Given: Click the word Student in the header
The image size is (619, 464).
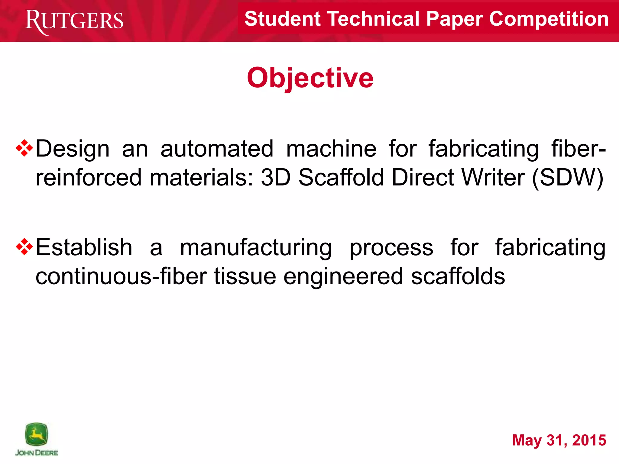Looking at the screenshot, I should tap(282, 19).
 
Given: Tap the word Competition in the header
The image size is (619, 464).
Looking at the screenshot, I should tap(549, 19).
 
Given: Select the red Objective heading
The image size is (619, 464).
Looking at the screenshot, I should tap(310, 78).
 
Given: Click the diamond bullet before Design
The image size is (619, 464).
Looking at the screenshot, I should tap(24, 148).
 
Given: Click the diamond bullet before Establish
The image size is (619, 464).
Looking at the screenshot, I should tap(24, 247).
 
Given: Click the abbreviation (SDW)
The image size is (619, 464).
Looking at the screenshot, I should tap(568, 178).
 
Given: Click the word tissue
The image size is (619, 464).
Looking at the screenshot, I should tap(245, 276).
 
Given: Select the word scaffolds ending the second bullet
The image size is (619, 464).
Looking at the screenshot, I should tap(458, 276).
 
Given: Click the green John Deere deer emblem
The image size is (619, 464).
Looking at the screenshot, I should tap(36, 434).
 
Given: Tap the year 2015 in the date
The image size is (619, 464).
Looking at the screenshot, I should tap(589, 440).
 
